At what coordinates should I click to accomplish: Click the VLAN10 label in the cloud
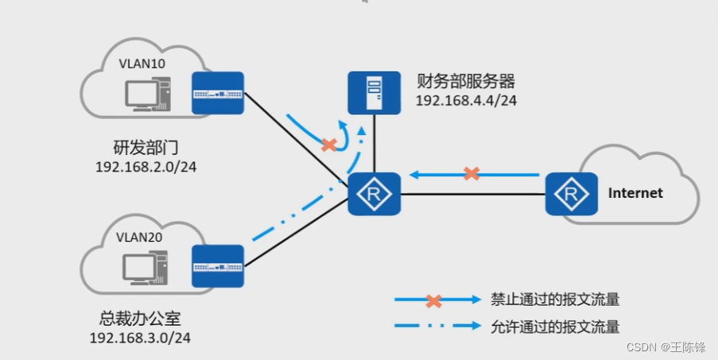tap(142, 63)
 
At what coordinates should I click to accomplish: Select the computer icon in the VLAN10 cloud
tap(146, 96)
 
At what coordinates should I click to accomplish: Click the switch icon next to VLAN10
tap(218, 92)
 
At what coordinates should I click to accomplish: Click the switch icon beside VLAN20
tap(218, 266)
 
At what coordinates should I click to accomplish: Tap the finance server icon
tap(374, 92)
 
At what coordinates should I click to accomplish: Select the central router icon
tap(374, 193)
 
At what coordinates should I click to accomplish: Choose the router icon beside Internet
tap(571, 193)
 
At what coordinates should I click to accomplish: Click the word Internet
tap(635, 193)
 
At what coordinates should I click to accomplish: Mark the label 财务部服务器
tap(466, 82)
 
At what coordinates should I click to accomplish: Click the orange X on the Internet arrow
tap(472, 172)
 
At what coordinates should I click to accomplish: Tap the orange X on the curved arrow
tap(328, 145)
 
